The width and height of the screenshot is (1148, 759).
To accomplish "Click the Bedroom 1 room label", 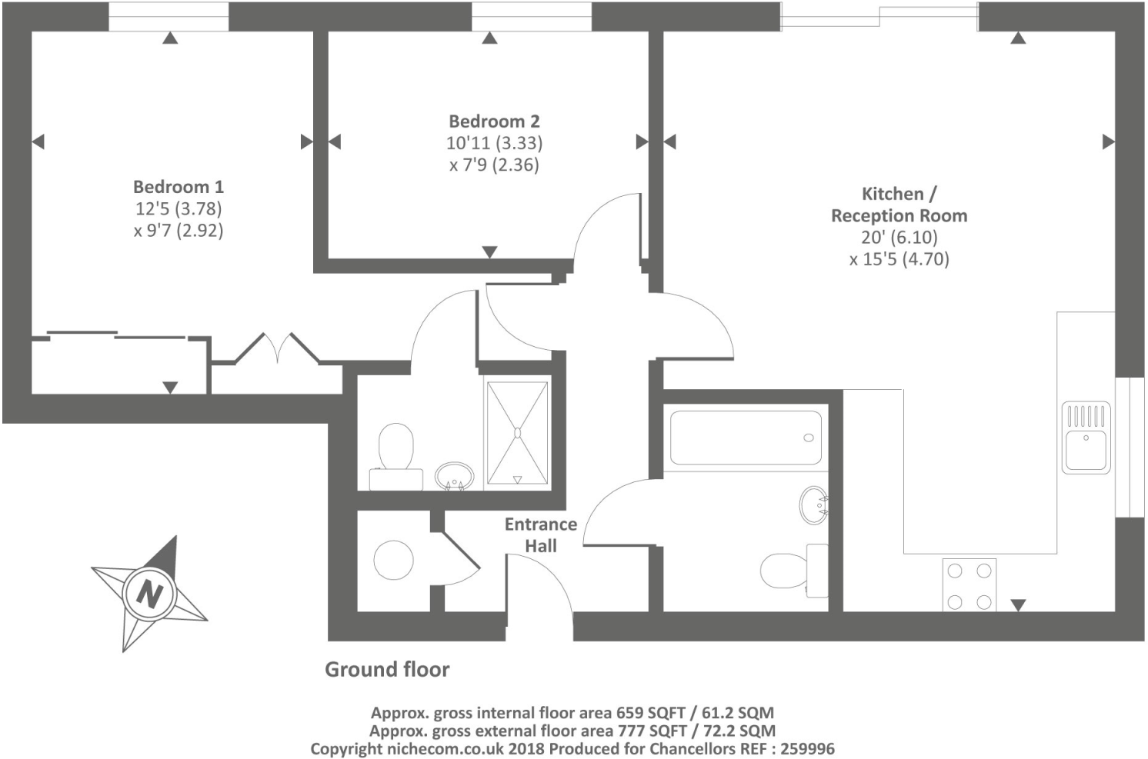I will click(178, 187).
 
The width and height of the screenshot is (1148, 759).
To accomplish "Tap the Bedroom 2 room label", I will click(494, 122).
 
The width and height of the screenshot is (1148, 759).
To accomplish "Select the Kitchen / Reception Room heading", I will click(899, 205).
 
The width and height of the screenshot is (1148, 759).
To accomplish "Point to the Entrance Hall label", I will click(540, 535).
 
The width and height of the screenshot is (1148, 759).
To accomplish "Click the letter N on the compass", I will click(149, 594).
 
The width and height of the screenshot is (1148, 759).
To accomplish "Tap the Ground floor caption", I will click(387, 670).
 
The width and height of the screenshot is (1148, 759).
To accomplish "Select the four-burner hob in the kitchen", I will click(969, 585).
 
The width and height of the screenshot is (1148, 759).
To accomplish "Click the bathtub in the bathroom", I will click(745, 438).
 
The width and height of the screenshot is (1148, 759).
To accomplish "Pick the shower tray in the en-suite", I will click(517, 433).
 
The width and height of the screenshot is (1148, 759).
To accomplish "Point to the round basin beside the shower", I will click(454, 475).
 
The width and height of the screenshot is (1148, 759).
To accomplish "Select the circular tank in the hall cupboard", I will click(393, 559).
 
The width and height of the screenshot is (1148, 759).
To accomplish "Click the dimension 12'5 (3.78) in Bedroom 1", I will click(179, 208).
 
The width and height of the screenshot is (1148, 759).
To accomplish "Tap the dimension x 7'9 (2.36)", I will click(494, 165).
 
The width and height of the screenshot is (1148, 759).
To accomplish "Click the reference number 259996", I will click(805, 748).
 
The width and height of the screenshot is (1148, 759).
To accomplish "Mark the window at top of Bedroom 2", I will click(531, 16).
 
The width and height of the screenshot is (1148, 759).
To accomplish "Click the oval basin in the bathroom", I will click(813, 505).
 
